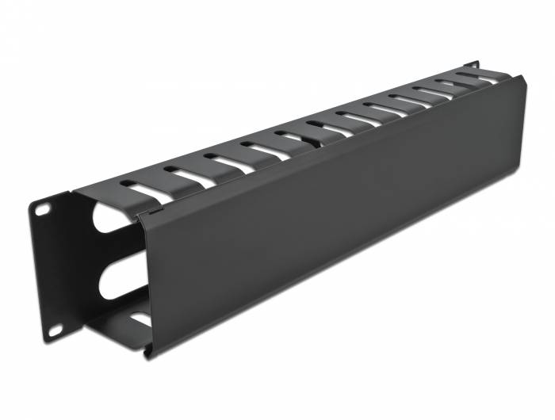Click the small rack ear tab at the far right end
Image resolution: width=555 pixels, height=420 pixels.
pyautogui.click(x=473, y=63)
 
